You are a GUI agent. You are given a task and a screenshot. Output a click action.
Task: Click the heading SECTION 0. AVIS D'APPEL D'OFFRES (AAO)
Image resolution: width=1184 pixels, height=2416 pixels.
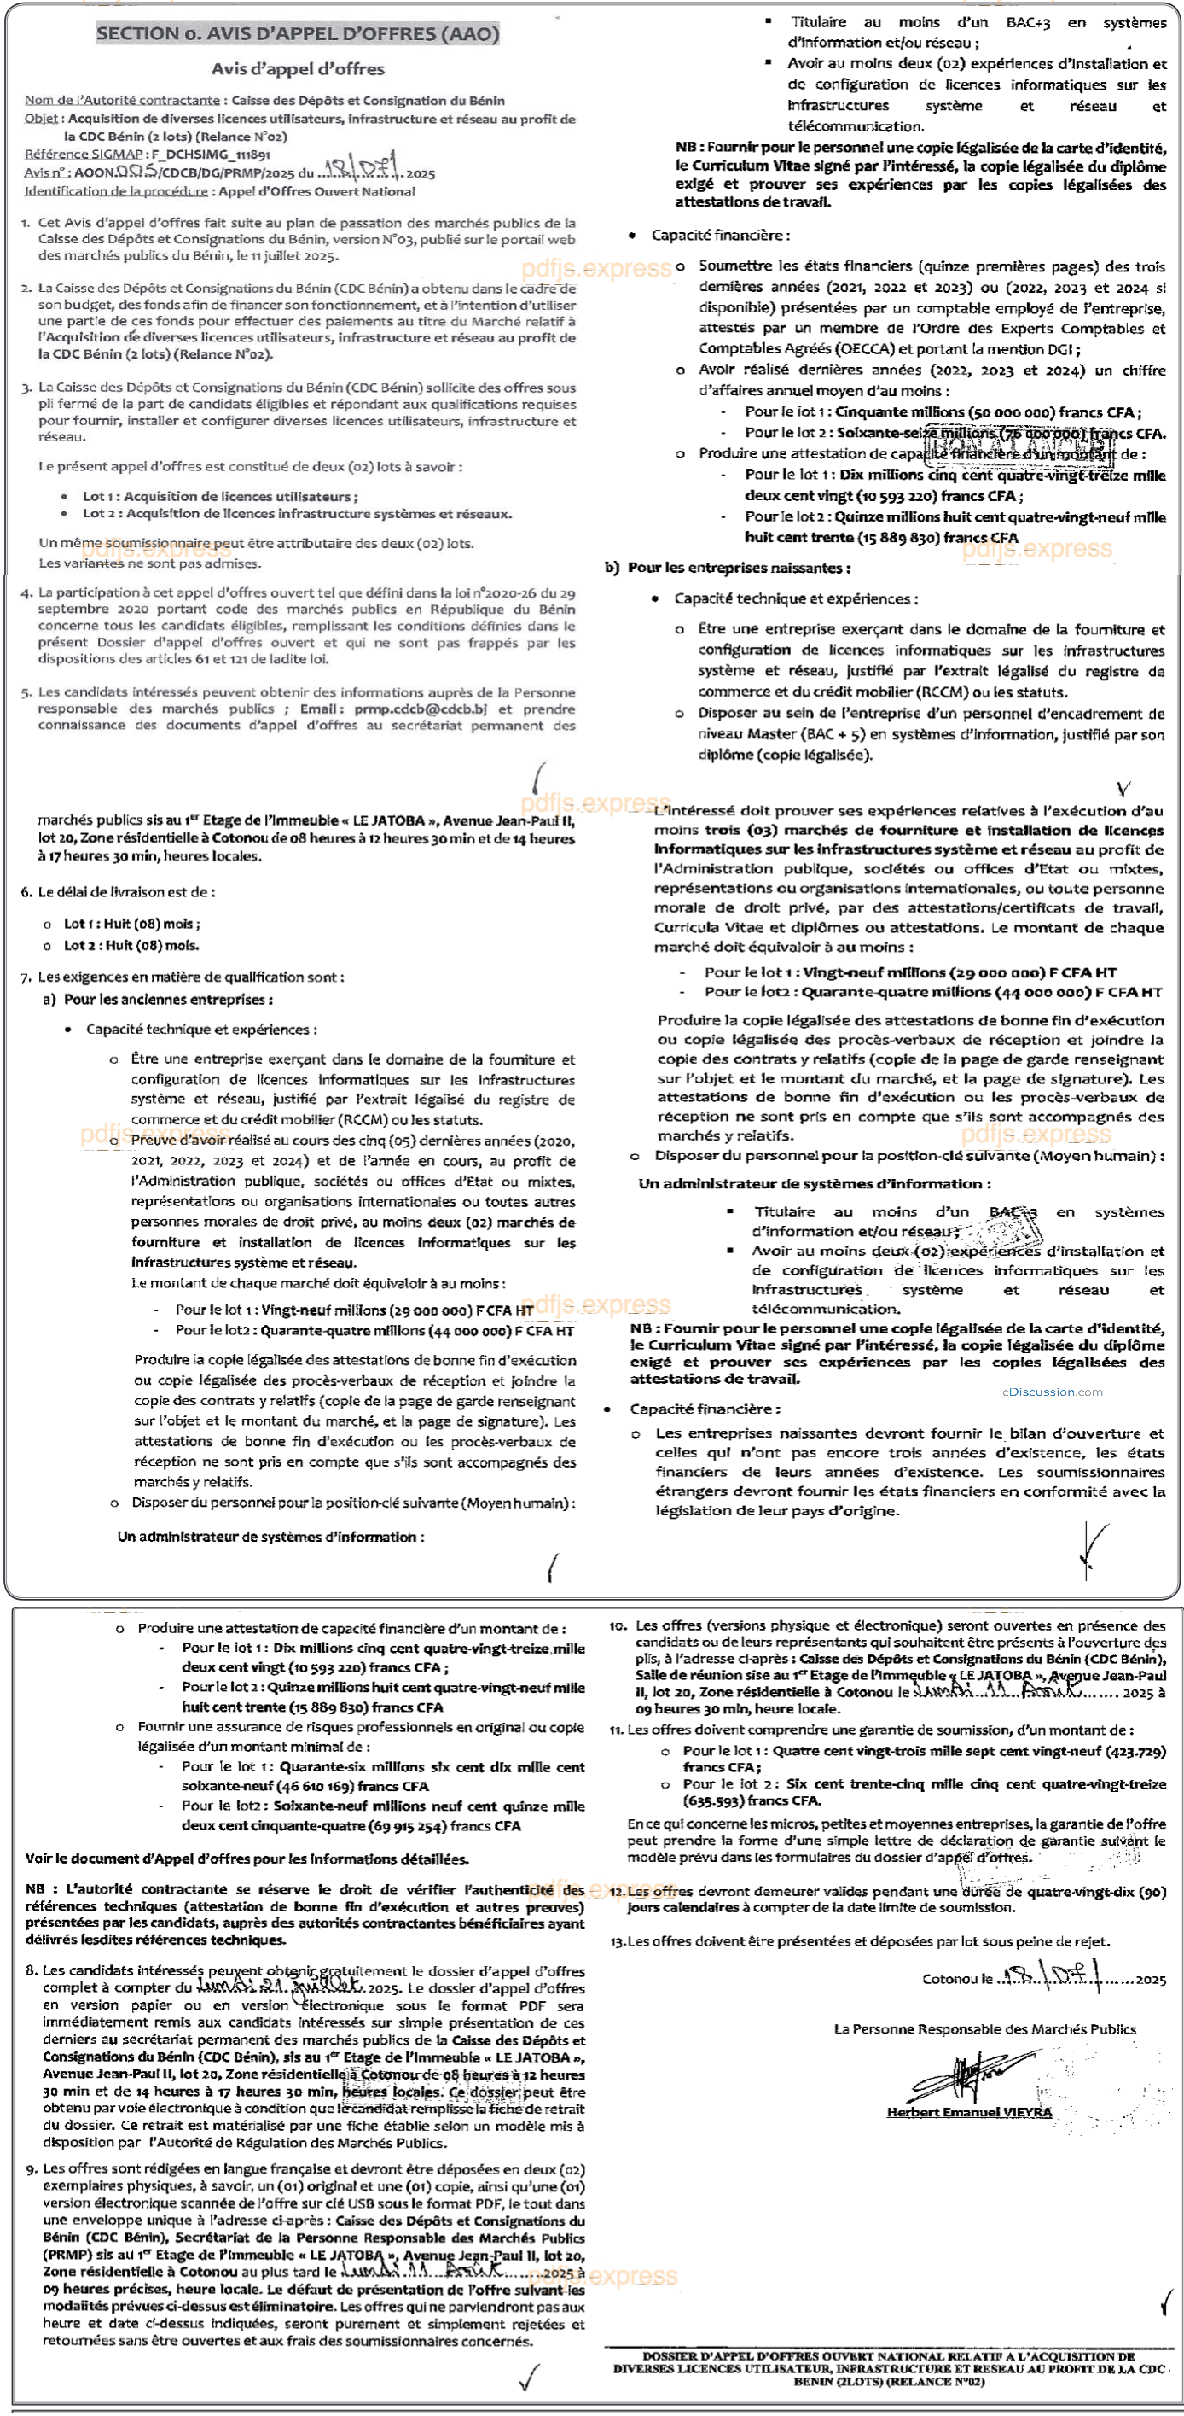click(297, 34)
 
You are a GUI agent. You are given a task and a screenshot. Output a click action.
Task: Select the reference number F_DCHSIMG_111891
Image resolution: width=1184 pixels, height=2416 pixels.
click(211, 154)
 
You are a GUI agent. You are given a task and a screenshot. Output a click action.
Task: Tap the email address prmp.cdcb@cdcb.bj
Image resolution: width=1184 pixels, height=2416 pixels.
click(421, 709)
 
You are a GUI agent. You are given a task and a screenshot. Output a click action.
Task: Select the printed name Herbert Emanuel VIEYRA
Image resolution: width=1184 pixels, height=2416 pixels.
click(969, 2112)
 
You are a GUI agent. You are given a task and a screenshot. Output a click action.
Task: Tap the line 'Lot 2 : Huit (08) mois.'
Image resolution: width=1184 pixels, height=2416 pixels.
click(131, 945)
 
